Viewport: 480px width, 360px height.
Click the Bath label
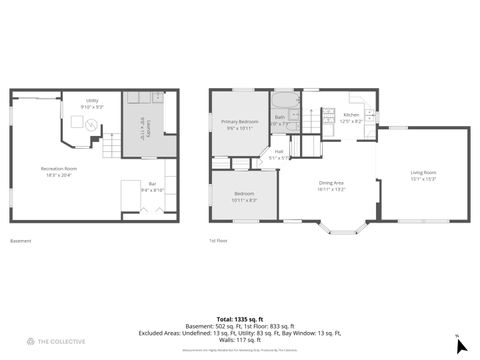[x=280, y=117]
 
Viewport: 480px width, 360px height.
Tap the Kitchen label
[x=351, y=115]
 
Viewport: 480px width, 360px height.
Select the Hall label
[x=279, y=153]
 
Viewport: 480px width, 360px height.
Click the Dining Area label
[x=331, y=183]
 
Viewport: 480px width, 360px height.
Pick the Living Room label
[x=423, y=173]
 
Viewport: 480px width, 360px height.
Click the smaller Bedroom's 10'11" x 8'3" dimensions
[x=245, y=200]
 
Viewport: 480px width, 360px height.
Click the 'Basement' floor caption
[x=20, y=241]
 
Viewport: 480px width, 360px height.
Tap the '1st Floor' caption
[x=218, y=241]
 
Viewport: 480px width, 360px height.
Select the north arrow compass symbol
[x=460, y=345]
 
